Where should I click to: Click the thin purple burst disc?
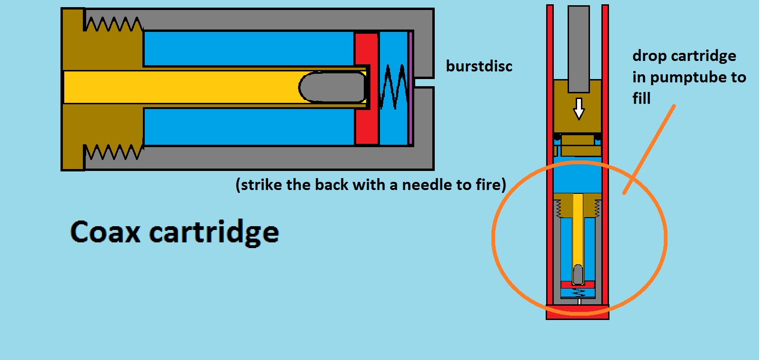[x=410, y=88]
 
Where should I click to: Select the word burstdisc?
[x=479, y=66]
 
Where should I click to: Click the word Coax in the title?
[x=105, y=232]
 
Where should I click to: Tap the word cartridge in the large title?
[x=214, y=233]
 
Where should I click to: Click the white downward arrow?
[x=579, y=109]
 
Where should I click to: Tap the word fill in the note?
[x=641, y=99]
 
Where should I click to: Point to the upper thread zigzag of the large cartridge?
[x=113, y=24]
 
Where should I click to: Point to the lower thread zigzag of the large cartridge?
[x=113, y=152]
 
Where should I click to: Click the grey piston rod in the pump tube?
[x=579, y=48]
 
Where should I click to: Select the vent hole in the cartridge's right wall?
[x=424, y=82]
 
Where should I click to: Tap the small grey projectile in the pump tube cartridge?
[x=578, y=273]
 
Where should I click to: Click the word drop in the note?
[x=649, y=56]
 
